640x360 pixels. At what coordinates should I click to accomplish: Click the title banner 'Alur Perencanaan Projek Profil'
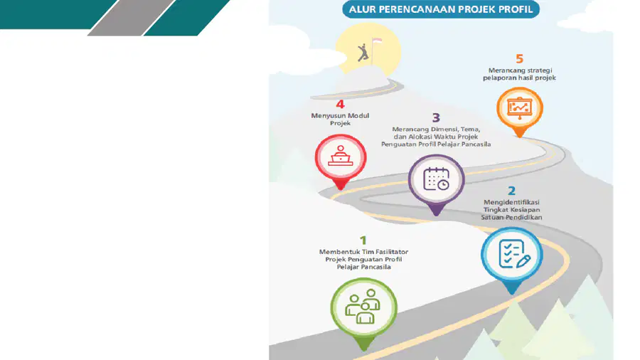click(441, 9)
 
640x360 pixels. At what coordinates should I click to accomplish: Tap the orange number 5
click(519, 59)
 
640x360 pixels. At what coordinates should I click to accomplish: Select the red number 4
click(340, 104)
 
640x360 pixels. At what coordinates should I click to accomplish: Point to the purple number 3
click(436, 117)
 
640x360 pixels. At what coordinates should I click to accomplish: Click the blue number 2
click(511, 191)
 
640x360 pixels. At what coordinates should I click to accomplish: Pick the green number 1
click(363, 240)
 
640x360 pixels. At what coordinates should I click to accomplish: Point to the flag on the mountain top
click(376, 41)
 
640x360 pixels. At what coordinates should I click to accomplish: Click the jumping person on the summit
click(363, 53)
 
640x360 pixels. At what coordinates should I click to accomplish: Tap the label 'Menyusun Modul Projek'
click(340, 120)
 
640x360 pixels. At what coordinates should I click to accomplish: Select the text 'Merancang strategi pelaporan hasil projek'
click(520, 74)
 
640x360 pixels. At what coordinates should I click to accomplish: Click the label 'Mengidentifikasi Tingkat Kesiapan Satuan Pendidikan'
click(511, 209)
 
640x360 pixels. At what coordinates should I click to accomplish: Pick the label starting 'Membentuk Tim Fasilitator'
click(363, 259)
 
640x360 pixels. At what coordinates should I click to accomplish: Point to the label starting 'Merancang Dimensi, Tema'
click(436, 137)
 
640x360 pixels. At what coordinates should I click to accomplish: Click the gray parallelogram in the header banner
click(131, 18)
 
